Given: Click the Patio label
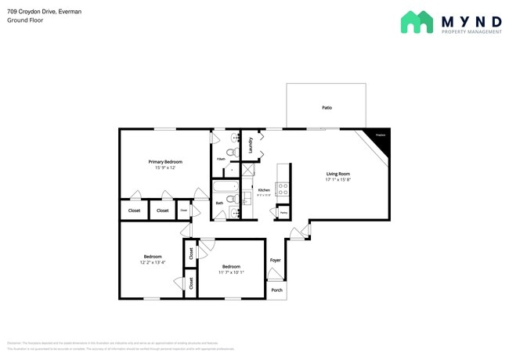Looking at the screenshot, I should coord(326,107).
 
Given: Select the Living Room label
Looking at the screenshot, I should coord(338,174).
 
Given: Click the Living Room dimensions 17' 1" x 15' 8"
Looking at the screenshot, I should coord(338,180).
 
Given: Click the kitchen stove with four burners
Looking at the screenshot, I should coord(283,189).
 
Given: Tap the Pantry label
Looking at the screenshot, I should coord(283,212).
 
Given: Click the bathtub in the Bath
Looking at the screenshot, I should coord(227,189).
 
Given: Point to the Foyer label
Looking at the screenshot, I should coord(276,260).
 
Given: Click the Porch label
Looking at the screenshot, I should coord(276,290).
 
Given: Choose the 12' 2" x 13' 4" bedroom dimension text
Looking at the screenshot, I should coord(153,262).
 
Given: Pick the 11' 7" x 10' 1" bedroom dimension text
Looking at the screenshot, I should coord(231,272).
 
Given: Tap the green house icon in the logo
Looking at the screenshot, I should coord(417,22).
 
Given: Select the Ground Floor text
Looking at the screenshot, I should coord(26,20).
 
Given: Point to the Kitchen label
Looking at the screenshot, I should coord(264,190).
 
